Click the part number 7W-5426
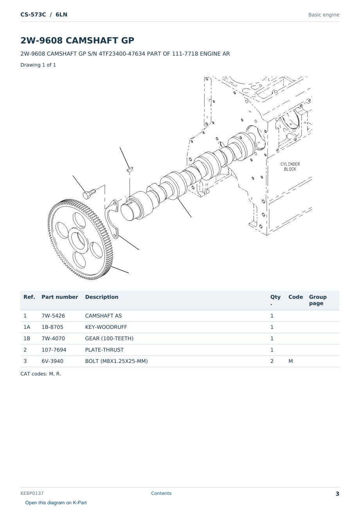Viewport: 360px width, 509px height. coord(53,316)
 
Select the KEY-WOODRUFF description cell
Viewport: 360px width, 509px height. coord(106,327)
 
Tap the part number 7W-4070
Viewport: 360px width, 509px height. coord(53,338)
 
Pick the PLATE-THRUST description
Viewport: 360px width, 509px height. coord(104,350)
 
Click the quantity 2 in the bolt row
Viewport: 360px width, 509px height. coord(272,361)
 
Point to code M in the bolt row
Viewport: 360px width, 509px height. coord(290,361)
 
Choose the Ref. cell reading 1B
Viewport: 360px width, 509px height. coord(27,338)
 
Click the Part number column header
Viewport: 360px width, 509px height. coord(60,297)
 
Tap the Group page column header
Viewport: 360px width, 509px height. coord(318,300)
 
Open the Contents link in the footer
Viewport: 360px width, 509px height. coord(161,493)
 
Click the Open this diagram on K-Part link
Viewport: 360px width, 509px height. coord(56,502)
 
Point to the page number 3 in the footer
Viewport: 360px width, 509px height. coord(337,494)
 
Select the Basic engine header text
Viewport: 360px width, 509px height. coord(324,15)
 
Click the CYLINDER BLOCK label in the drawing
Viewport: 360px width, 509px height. coord(290,166)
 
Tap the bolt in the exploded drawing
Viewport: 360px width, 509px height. coord(89,193)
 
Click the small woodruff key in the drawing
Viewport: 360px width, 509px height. coord(130,169)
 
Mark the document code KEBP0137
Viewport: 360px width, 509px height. coord(32,493)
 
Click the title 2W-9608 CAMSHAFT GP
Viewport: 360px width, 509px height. coord(77,40)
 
